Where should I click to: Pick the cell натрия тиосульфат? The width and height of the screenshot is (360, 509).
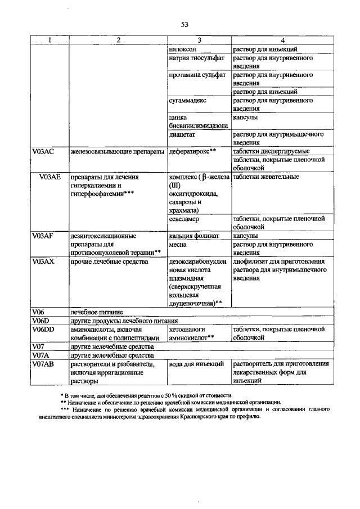(x=196, y=58)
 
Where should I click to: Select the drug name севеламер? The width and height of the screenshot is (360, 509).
(x=183, y=219)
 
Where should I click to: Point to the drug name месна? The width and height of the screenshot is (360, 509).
(x=178, y=245)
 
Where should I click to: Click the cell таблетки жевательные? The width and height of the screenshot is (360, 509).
(x=265, y=177)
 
